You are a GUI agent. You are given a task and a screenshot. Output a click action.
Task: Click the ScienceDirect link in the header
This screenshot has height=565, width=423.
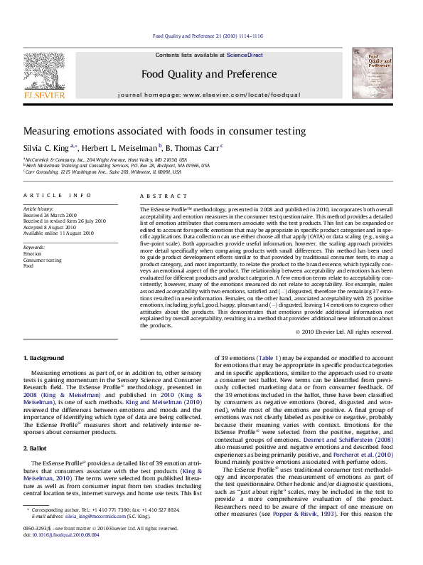(245, 55)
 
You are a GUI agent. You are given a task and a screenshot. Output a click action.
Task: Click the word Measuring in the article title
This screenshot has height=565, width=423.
(46, 131)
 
